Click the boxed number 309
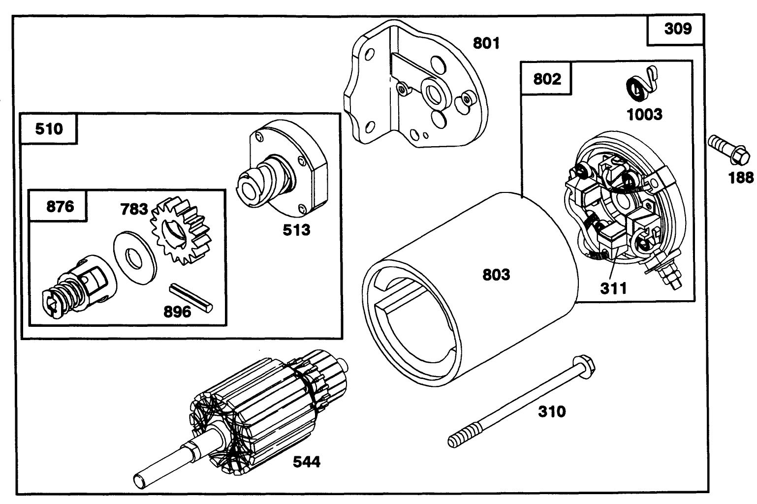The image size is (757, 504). (x=678, y=29)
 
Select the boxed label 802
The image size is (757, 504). (x=546, y=78)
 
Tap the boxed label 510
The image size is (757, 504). (x=49, y=129)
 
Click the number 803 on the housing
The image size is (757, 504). (x=496, y=274)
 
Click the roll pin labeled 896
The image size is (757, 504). (x=190, y=297)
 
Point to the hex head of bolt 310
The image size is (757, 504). (x=585, y=365)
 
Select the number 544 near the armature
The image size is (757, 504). (x=306, y=462)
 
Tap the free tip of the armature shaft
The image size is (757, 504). (x=139, y=480)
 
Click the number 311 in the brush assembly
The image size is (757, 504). (x=613, y=288)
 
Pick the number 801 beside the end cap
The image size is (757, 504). (x=486, y=43)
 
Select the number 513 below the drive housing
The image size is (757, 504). (x=296, y=229)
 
